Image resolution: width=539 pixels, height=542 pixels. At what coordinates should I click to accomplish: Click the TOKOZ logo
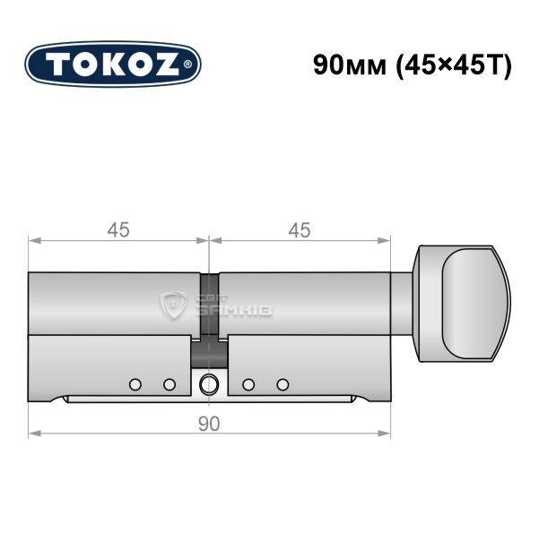113,65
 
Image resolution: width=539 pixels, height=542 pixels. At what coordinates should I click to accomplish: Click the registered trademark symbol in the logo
187,65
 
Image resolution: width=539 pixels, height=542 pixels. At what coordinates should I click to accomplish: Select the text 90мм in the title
350,65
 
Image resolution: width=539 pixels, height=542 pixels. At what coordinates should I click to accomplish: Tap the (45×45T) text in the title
454,65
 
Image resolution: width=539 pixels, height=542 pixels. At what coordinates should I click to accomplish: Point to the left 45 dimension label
118,230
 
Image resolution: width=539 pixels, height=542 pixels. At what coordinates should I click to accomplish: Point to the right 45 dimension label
300,230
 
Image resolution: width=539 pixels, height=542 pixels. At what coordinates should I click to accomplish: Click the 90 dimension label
209,424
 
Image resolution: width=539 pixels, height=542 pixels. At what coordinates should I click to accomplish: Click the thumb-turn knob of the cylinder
462,304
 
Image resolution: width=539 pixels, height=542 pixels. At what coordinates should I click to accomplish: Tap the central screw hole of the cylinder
208,384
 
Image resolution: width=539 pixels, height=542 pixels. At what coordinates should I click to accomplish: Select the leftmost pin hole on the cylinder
135,384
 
